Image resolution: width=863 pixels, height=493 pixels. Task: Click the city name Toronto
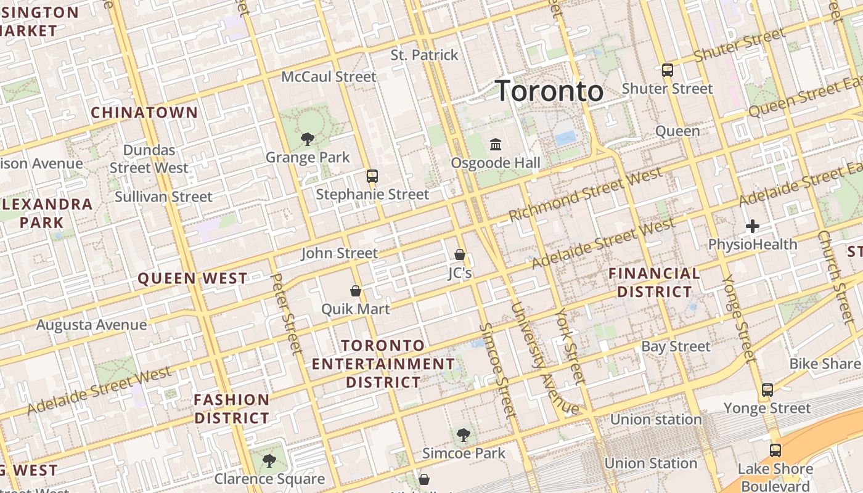pyautogui.click(x=549, y=91)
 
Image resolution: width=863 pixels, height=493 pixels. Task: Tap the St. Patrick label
pyautogui.click(x=425, y=55)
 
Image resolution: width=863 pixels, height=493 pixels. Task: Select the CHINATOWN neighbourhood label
pyautogui.click(x=144, y=113)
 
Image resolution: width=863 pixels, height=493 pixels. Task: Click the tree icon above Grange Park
pyautogui.click(x=307, y=139)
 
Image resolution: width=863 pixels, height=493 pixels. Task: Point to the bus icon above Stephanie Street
pyautogui.click(x=372, y=176)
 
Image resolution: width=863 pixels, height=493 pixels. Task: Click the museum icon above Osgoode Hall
pyautogui.click(x=495, y=145)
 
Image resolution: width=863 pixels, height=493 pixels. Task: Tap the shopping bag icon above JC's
pyautogui.click(x=459, y=254)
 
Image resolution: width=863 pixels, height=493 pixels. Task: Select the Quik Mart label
pyautogui.click(x=356, y=309)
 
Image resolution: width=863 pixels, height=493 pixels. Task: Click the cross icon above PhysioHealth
pyautogui.click(x=752, y=227)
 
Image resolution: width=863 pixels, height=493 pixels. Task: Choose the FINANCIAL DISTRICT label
pyautogui.click(x=655, y=282)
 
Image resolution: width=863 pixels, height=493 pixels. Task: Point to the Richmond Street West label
pyautogui.click(x=585, y=194)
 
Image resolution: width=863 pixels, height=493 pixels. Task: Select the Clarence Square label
pyautogui.click(x=269, y=479)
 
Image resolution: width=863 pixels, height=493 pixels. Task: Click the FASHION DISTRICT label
pyautogui.click(x=232, y=409)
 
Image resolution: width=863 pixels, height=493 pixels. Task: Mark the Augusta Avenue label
pyautogui.click(x=92, y=325)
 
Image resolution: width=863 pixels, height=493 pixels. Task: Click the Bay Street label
pyautogui.click(x=676, y=346)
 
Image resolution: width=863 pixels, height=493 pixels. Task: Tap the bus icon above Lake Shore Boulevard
pyautogui.click(x=775, y=450)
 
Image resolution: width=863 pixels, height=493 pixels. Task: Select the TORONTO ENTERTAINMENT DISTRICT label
pyautogui.click(x=383, y=364)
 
